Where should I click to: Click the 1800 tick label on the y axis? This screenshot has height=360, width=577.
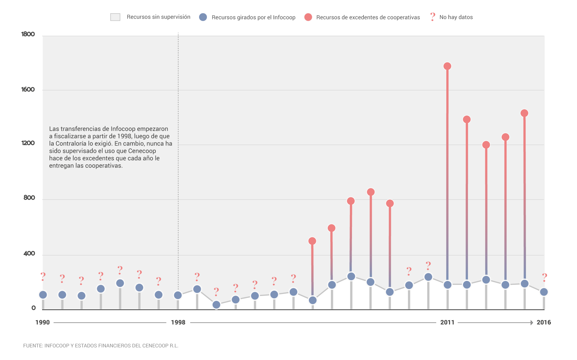pyautogui.click(x=28, y=34)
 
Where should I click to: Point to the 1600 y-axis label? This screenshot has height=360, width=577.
pyautogui.click(x=28, y=89)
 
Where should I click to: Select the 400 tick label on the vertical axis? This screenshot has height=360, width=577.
pyautogui.click(x=29, y=254)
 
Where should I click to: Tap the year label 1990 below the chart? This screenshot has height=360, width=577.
pyautogui.click(x=42, y=322)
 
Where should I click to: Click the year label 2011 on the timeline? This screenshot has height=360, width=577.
pyautogui.click(x=447, y=322)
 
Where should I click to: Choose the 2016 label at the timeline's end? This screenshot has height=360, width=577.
pyautogui.click(x=544, y=322)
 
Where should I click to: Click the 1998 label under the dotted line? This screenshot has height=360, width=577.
pyautogui.click(x=178, y=322)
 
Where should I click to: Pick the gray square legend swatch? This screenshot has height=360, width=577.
pyautogui.click(x=115, y=17)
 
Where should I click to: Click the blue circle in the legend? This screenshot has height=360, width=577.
pyautogui.click(x=203, y=17)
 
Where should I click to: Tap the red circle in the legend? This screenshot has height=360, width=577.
pyautogui.click(x=308, y=17)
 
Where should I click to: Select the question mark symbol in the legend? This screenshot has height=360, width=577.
pyautogui.click(x=432, y=17)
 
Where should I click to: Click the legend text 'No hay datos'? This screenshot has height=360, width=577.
pyautogui.click(x=456, y=17)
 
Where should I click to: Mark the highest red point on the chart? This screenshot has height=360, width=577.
pyautogui.click(x=447, y=66)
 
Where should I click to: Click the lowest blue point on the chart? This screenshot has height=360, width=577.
pyautogui.click(x=216, y=305)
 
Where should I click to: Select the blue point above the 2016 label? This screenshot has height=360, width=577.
pyautogui.click(x=544, y=292)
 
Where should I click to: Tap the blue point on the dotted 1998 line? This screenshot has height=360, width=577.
pyautogui.click(x=178, y=295)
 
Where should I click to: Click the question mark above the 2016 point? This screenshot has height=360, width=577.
pyautogui.click(x=544, y=277)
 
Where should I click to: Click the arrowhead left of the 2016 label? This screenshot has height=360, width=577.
pyautogui.click(x=532, y=322)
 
